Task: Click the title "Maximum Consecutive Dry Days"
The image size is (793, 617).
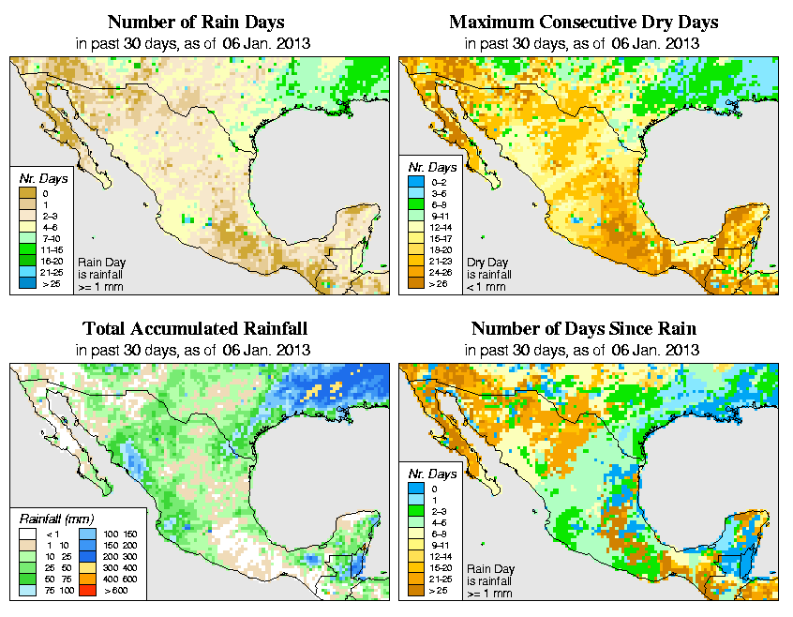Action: point(584,22)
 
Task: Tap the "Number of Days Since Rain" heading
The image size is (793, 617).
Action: point(584,329)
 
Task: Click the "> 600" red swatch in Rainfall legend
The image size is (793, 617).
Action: point(85,593)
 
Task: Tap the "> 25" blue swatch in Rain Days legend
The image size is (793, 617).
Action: point(25,282)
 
